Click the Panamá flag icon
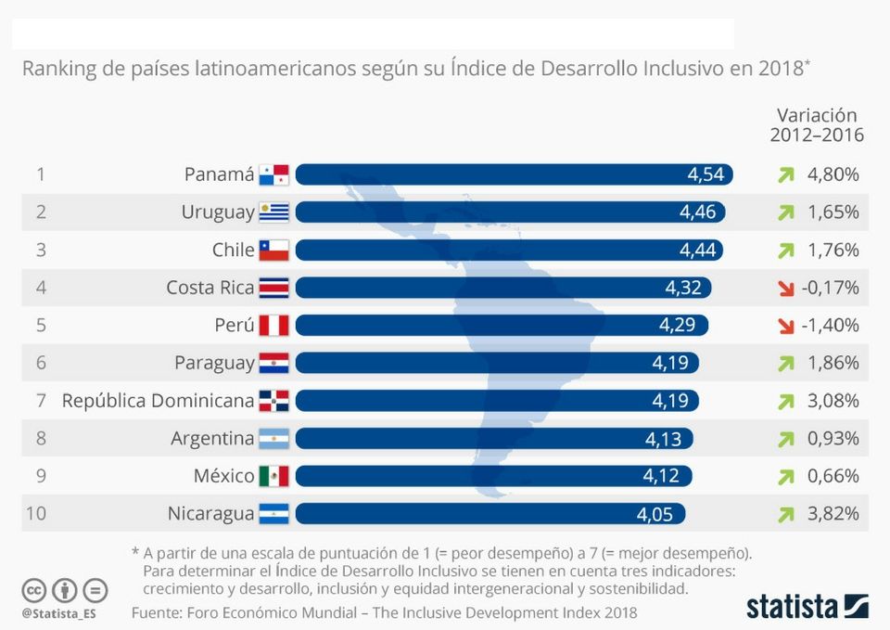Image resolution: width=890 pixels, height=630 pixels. point(274,174)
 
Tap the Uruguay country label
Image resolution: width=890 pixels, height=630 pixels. point(218,212)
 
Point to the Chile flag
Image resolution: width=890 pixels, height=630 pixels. point(274,251)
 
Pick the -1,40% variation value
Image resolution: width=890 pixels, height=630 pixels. point(833,326)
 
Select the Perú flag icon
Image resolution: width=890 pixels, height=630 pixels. point(274,326)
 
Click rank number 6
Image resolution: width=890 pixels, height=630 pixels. point(41,363)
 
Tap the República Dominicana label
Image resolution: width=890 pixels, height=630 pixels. point(158,401)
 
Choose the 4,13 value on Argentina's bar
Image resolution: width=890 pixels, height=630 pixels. point(664,439)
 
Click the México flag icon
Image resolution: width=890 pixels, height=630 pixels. point(274,477)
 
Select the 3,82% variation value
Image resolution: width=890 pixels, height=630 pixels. point(833,514)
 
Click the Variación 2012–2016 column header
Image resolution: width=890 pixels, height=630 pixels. point(817,125)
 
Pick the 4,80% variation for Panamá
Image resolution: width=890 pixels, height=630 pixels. point(833,174)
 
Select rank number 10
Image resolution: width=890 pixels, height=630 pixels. point(35,514)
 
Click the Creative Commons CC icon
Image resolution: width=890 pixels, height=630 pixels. point(34,589)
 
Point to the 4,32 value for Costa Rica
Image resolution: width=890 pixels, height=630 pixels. point(683,289)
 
